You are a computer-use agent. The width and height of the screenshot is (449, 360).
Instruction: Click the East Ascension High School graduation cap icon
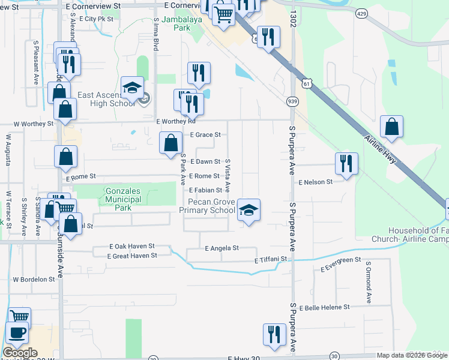pyautogui.click(x=132, y=88)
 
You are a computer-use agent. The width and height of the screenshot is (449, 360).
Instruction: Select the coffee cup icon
pyautogui.click(x=17, y=333)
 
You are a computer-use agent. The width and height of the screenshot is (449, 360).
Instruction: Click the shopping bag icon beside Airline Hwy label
pyautogui.click(x=391, y=127)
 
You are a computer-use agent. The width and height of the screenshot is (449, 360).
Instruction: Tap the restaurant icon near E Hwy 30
pyautogui.click(x=274, y=334)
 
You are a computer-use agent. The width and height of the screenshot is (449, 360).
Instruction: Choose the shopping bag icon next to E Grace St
pyautogui.click(x=171, y=143)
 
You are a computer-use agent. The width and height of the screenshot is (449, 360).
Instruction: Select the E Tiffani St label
pyautogui.click(x=271, y=260)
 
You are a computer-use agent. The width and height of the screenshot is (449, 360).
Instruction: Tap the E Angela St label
pyautogui.click(x=221, y=248)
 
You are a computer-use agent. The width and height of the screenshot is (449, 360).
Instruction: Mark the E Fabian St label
pyautogui.click(x=206, y=190)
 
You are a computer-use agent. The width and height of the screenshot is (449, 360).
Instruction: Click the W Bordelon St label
pyautogui.click(x=34, y=280)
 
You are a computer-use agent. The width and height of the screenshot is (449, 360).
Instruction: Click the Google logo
pyautogui.click(x=20, y=352)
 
